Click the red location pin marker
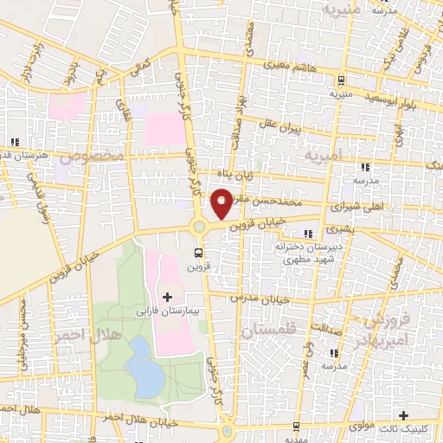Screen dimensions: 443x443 tap(221, 204)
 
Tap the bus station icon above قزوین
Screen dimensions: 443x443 tap(200, 254)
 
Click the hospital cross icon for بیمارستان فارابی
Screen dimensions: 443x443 tap(168, 297)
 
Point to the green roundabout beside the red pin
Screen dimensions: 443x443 tap(200, 227)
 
